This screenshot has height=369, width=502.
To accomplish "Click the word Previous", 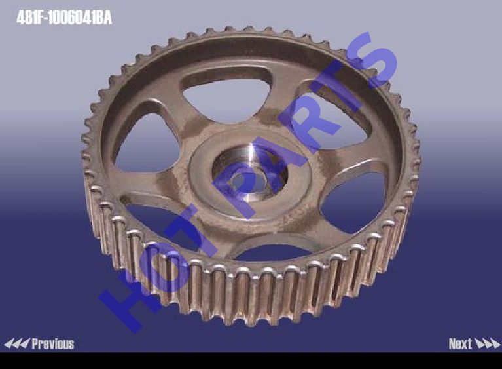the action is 53,343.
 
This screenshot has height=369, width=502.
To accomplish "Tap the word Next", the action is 460,343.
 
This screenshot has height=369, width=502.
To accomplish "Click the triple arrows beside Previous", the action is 17,343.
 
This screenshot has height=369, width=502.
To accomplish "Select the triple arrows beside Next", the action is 487,343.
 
